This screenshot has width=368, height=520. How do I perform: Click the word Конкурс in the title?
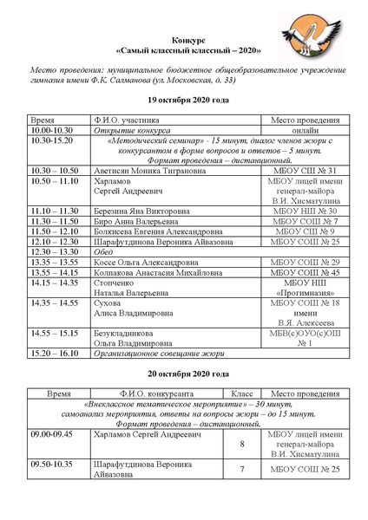184,41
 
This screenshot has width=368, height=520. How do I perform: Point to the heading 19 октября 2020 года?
185,101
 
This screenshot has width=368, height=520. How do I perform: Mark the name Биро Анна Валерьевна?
131,222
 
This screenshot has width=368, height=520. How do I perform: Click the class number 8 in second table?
242,444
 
